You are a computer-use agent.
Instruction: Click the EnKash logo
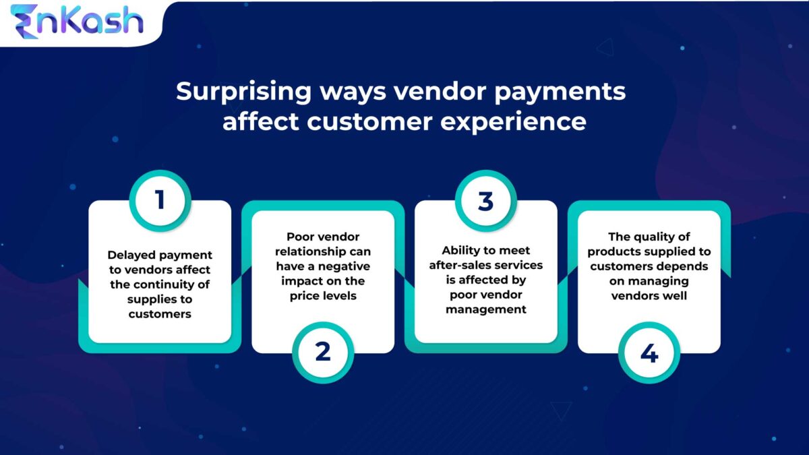[77, 22]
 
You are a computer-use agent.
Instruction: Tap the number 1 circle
[160, 200]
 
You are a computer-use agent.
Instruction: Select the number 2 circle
[323, 352]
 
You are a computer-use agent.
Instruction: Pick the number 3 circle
[486, 200]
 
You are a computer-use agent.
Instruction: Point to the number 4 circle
[649, 352]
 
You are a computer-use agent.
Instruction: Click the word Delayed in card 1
[131, 255]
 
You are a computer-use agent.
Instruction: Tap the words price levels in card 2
[323, 296]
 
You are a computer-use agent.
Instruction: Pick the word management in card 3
[486, 310]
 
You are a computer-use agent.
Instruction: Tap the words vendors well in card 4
[649, 296]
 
